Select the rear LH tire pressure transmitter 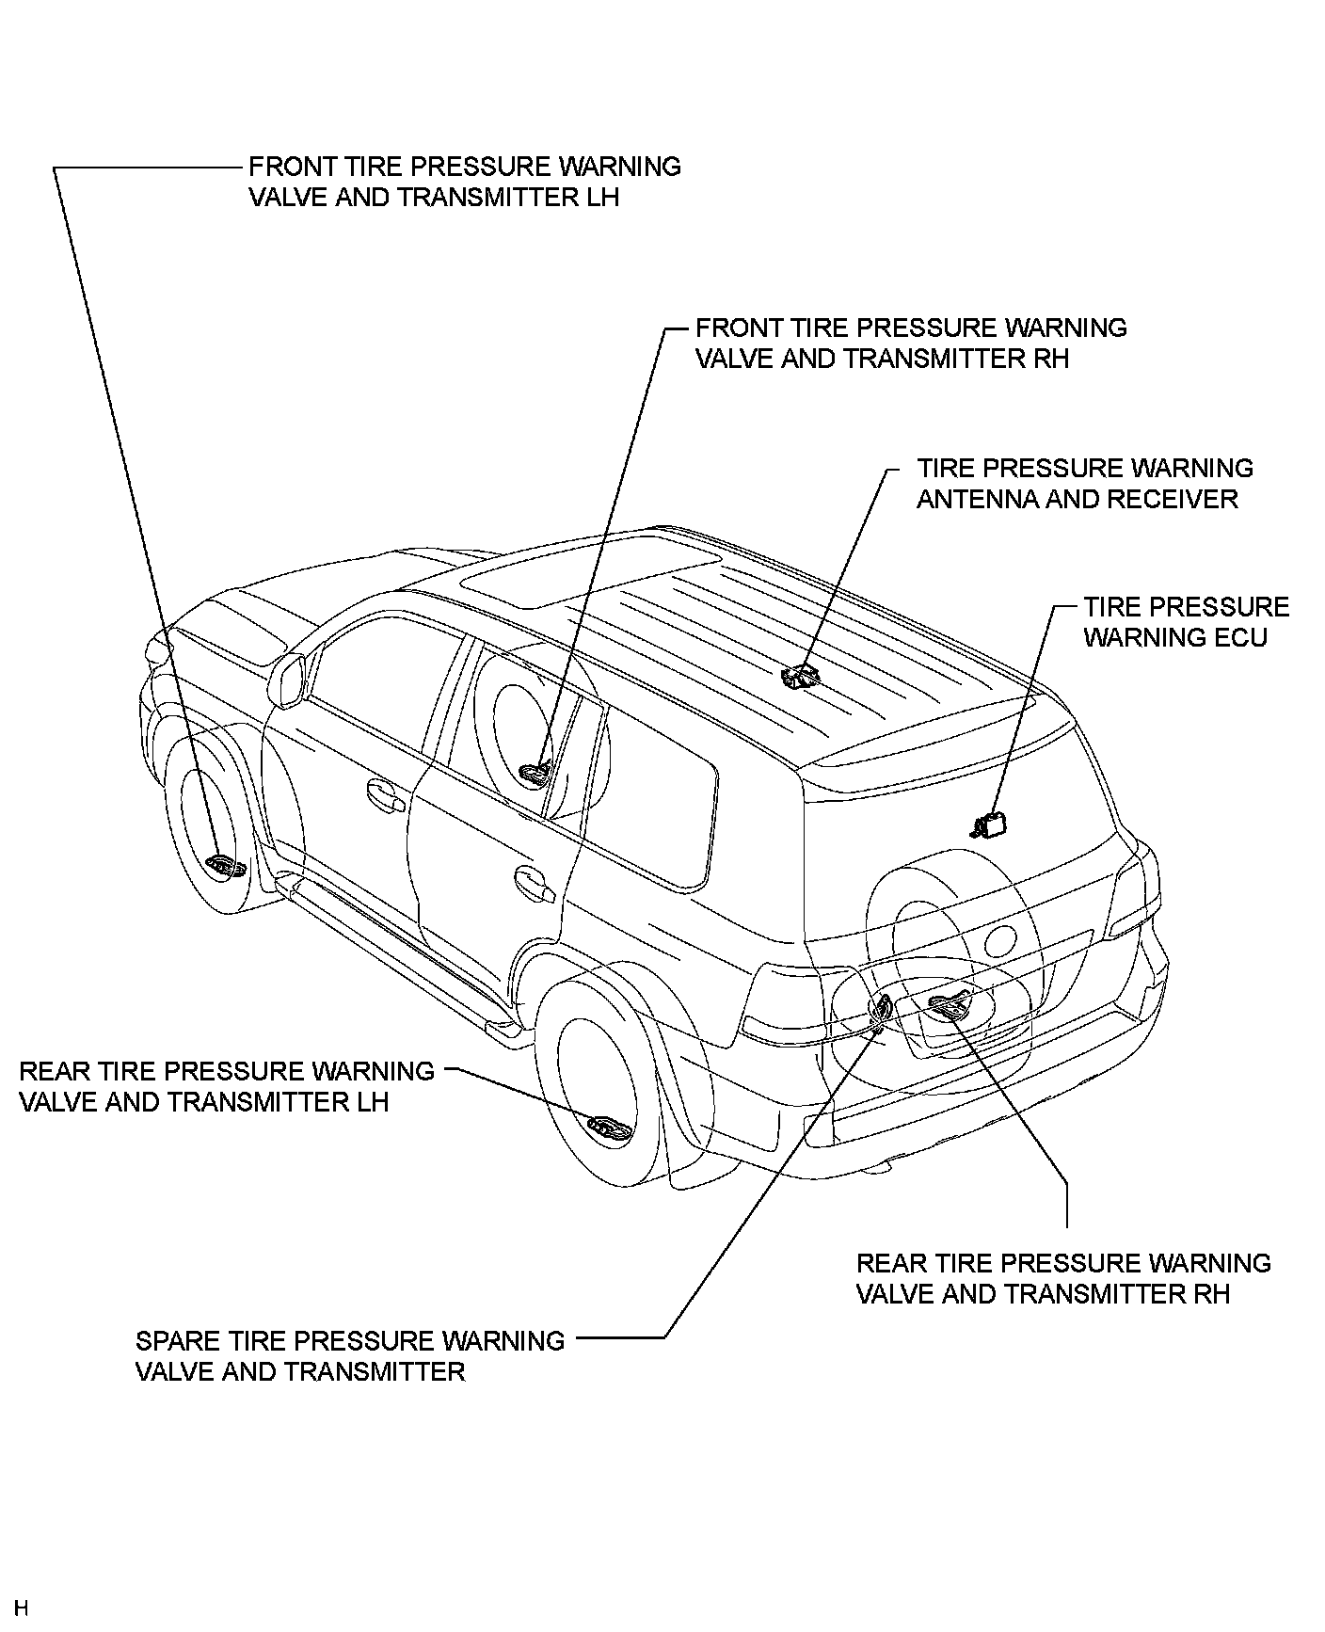coord(610,1127)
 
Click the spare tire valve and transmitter coord(881,1010)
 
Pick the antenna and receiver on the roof coord(801,675)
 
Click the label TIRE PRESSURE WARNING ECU coord(1186,622)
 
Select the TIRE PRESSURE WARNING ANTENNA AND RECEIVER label coord(1084,484)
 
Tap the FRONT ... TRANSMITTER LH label coord(464,182)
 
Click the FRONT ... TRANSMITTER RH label coord(910,344)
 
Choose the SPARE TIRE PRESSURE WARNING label coord(349,1356)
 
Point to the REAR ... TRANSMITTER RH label coord(1063,1278)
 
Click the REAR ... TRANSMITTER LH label coord(226,1086)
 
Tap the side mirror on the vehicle coord(291,676)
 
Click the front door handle coord(385,795)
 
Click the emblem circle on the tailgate coord(1000,938)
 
